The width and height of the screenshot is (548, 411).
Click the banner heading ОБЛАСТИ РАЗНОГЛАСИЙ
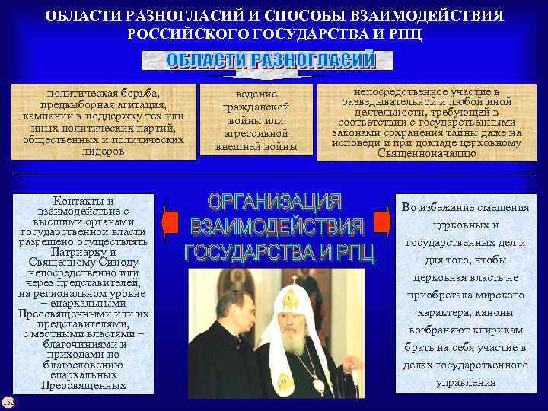271,61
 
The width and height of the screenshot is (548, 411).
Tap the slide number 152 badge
8,401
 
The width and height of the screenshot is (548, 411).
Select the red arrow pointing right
382,221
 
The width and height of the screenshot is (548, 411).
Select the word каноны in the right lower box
491,313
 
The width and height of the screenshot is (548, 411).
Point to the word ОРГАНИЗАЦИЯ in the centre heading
275,202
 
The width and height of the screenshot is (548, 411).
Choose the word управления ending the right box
465,382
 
